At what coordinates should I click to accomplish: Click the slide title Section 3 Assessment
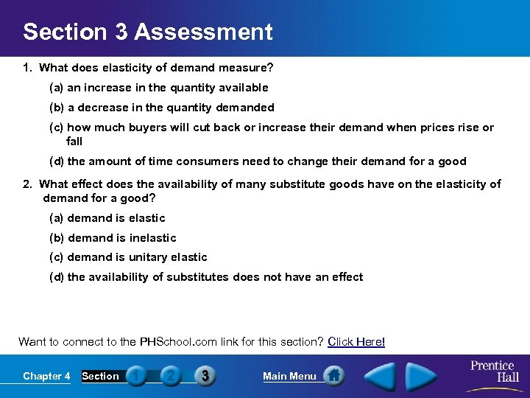tap(147, 32)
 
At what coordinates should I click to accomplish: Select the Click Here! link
tap(356, 341)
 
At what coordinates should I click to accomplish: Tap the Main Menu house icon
tap(334, 376)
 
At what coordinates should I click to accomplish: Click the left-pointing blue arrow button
tap(380, 376)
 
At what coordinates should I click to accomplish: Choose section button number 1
tap(136, 376)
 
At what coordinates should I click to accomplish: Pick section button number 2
tap(170, 376)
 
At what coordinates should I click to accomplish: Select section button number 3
tap(205, 376)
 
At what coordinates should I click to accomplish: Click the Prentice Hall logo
tap(493, 371)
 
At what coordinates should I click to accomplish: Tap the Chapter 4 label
tap(46, 376)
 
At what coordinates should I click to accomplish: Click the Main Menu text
tap(289, 376)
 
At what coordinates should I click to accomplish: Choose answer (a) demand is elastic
tap(107, 218)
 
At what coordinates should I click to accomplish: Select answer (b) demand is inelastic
tap(113, 238)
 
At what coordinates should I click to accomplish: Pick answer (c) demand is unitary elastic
tap(128, 257)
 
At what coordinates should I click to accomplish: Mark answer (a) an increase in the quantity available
tap(158, 88)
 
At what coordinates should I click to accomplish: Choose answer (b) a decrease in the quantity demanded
tap(161, 108)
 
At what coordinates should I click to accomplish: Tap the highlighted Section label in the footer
tap(100, 376)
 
